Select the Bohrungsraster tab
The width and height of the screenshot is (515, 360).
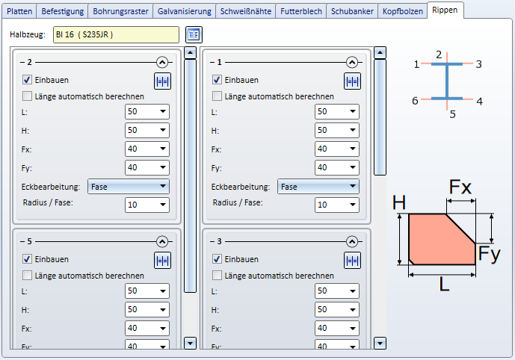coord(120,11)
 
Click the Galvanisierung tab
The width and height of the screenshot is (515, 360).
coord(185,11)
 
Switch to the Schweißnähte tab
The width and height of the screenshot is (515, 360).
coord(246,11)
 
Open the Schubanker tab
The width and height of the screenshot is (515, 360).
coord(351,11)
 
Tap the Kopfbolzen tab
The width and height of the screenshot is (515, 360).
coord(401,11)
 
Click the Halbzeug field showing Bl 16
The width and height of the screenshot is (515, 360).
coord(117,34)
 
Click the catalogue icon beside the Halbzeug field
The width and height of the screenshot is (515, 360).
coord(194,34)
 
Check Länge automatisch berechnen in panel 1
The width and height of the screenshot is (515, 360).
coord(218,96)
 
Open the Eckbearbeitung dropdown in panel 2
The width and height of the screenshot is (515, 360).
coord(129,187)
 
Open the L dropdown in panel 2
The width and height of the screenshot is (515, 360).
coord(147,112)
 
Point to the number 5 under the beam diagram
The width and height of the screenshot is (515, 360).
coord(452,114)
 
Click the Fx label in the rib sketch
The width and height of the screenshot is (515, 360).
coord(460,187)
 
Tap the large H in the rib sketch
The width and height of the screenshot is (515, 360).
coord(399,203)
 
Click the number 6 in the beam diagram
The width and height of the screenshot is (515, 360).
coord(416,101)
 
